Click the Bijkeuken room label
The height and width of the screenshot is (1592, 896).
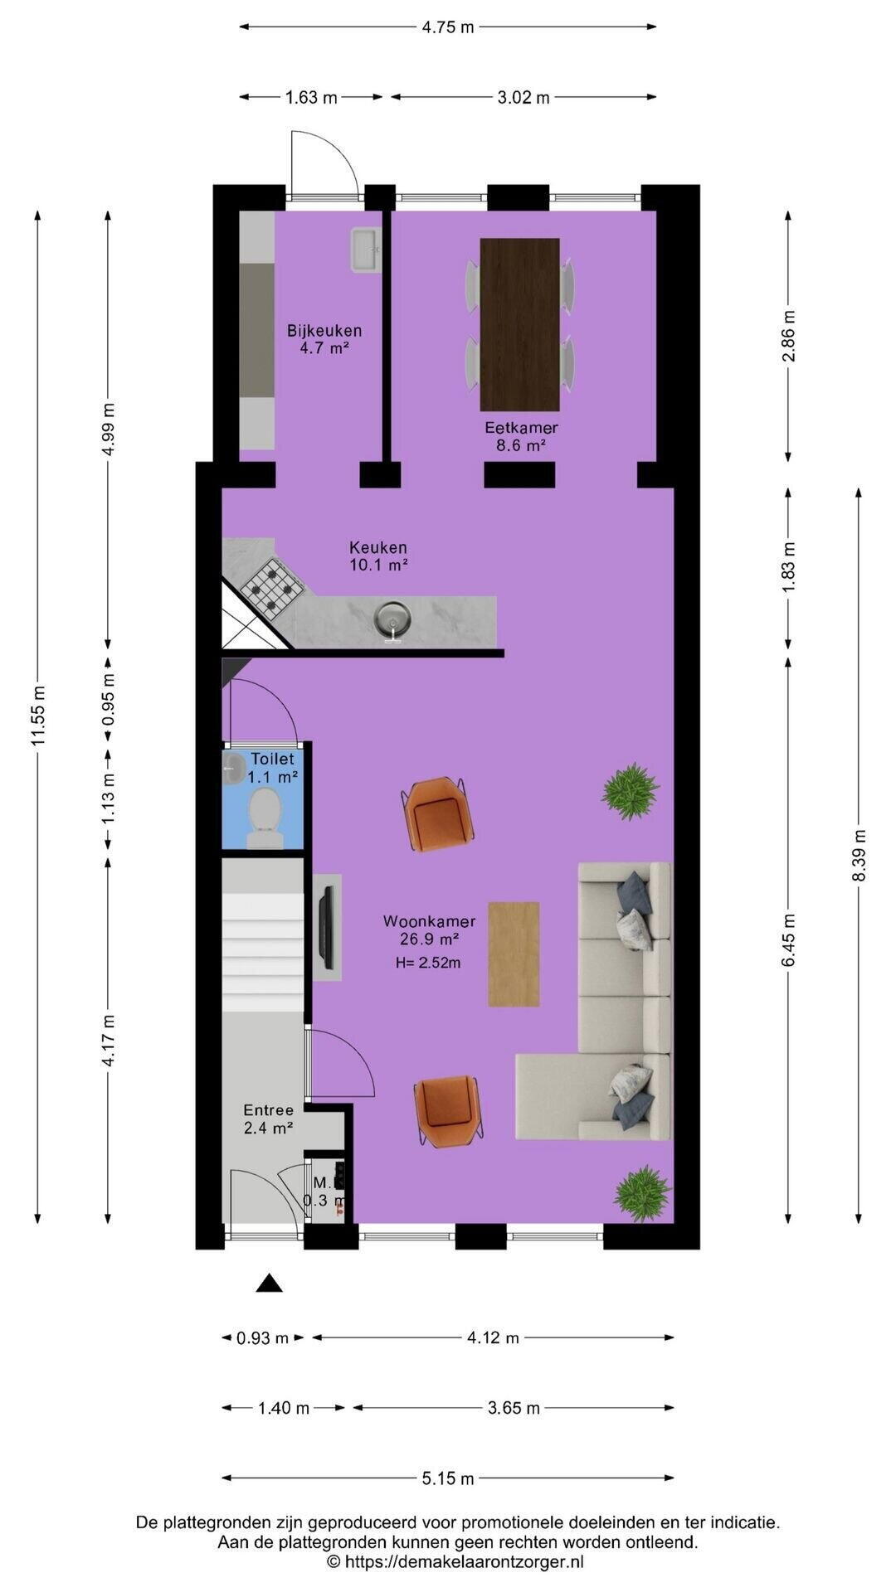[324, 331]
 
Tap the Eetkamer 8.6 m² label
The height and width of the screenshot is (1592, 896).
[521, 436]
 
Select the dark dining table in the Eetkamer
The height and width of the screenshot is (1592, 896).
[520, 324]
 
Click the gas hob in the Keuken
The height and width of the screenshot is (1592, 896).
[271, 580]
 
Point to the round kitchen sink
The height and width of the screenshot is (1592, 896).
[392, 618]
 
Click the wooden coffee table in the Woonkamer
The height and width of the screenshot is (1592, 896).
[514, 954]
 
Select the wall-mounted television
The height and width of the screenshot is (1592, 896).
[328, 928]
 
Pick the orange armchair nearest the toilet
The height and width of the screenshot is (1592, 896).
[438, 814]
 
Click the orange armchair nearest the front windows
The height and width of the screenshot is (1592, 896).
[449, 1111]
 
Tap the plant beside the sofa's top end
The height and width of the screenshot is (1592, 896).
[631, 791]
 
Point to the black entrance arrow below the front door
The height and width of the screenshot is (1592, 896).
[269, 1283]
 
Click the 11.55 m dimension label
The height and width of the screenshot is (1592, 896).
[37, 716]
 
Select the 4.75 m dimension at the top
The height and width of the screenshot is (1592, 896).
[448, 27]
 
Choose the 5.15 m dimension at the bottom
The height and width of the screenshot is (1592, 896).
[448, 1478]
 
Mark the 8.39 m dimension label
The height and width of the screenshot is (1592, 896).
[859, 855]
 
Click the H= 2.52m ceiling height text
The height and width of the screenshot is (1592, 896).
[428, 963]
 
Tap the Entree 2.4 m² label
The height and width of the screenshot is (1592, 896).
[268, 1119]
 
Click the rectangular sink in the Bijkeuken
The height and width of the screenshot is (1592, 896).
[365, 250]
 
